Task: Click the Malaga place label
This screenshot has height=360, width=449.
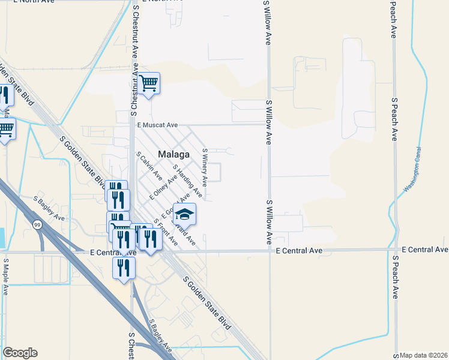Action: (x=173, y=154)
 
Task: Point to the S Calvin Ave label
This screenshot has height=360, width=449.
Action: (x=149, y=166)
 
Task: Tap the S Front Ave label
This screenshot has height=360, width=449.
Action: (x=166, y=232)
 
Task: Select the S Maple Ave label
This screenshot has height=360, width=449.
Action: (x=6, y=277)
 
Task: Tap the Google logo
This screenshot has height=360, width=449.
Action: (x=20, y=353)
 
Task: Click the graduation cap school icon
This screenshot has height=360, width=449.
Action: (x=185, y=214)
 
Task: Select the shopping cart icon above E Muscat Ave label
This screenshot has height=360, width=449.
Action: (x=148, y=83)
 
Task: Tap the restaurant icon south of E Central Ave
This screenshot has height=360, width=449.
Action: (x=124, y=267)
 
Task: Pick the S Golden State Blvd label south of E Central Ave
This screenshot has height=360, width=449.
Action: (x=206, y=303)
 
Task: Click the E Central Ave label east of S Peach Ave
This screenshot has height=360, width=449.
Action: (x=424, y=249)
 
